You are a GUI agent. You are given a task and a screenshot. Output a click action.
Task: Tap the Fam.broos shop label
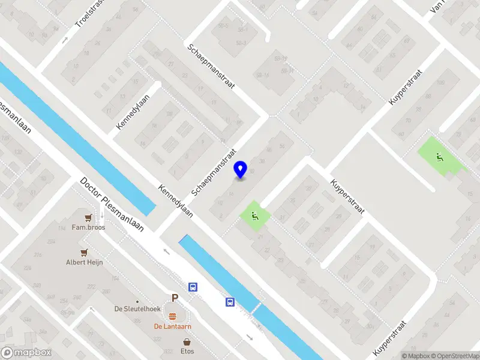(x=88, y=227)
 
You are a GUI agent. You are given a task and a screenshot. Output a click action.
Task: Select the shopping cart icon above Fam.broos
(x=88, y=218)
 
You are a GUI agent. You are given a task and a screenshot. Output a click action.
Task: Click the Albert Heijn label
(x=85, y=262)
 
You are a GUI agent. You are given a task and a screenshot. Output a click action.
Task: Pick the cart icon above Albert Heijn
(x=85, y=253)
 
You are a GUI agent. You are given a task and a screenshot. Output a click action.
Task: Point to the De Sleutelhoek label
(x=137, y=309)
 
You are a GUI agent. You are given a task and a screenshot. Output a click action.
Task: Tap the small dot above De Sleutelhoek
(x=137, y=301)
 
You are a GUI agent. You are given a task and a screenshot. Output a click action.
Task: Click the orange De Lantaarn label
(x=172, y=326)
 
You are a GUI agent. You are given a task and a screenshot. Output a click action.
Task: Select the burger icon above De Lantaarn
(x=173, y=316)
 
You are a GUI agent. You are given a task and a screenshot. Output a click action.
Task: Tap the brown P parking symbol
(x=175, y=298)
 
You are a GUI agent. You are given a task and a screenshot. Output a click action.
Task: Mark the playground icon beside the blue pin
(x=255, y=216)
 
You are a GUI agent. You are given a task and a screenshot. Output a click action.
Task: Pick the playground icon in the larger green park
(x=440, y=158)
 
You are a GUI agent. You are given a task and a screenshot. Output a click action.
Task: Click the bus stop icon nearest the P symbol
(x=193, y=287)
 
